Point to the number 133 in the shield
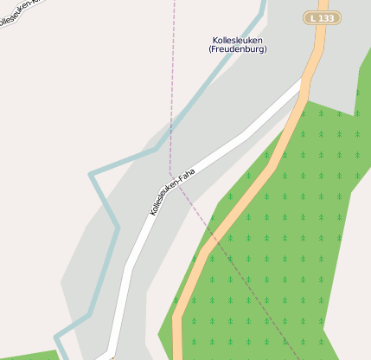pos(328,17)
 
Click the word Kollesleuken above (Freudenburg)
pos(238,40)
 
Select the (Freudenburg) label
pos(238,49)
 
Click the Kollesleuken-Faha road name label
pos(172,191)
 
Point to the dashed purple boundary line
pos(173,87)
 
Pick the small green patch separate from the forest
pos(26,355)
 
